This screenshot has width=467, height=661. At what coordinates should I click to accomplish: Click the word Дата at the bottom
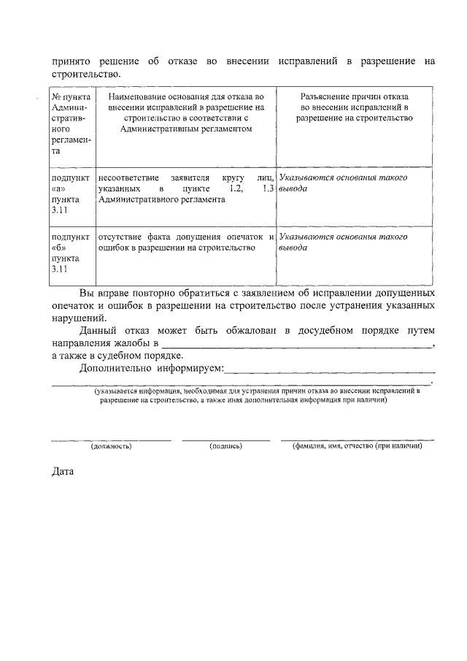tap(63, 472)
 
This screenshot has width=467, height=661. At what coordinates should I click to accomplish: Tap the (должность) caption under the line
tap(110, 445)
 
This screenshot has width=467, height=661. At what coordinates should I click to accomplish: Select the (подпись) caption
tap(225, 445)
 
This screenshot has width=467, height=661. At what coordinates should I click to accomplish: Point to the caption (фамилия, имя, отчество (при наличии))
tap(357, 445)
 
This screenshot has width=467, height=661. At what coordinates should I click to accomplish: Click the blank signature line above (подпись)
tap(225, 439)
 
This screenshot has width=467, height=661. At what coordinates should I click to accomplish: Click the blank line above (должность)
tap(111, 439)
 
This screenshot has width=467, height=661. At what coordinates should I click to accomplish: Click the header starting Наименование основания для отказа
tap(185, 112)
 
